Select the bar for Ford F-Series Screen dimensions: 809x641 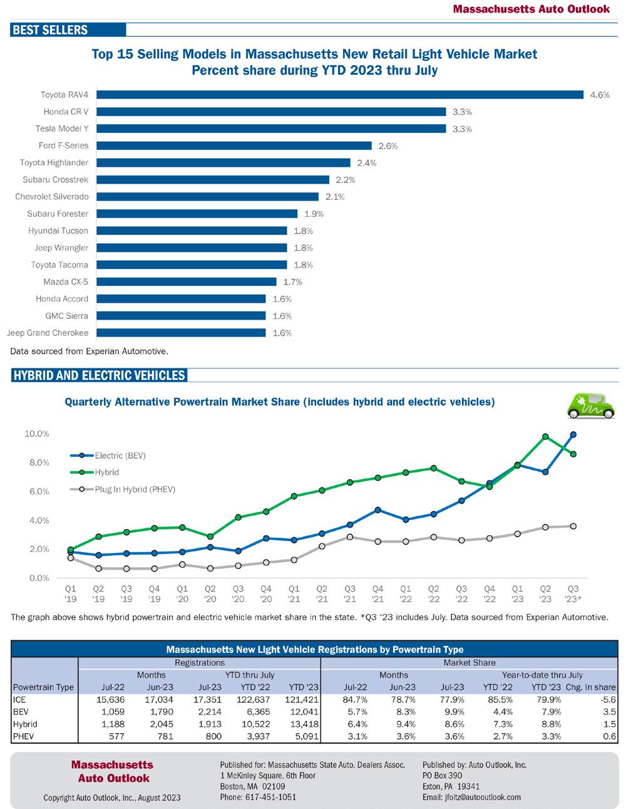click(x=234, y=146)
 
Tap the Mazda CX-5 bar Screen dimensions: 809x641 click(x=186, y=282)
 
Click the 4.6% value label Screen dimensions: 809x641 click(x=600, y=95)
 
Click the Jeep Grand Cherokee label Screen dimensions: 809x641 click(x=48, y=333)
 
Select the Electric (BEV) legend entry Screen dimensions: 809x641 click(x=120, y=456)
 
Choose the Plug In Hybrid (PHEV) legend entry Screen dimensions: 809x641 click(x=135, y=489)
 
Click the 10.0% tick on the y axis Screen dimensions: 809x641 click(x=37, y=434)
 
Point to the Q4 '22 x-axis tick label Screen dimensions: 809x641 click(x=490, y=593)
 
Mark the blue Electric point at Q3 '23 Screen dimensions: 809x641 click(x=573, y=434)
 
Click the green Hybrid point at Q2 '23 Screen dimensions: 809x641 click(x=545, y=437)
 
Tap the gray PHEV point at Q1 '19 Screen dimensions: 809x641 click(x=71, y=558)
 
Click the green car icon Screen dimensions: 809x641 click(x=590, y=405)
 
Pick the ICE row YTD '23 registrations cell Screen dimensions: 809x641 click(x=303, y=699)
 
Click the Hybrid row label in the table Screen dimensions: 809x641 click(x=25, y=724)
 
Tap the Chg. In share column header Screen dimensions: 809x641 click(x=590, y=687)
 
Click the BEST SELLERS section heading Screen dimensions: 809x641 click(x=50, y=30)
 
